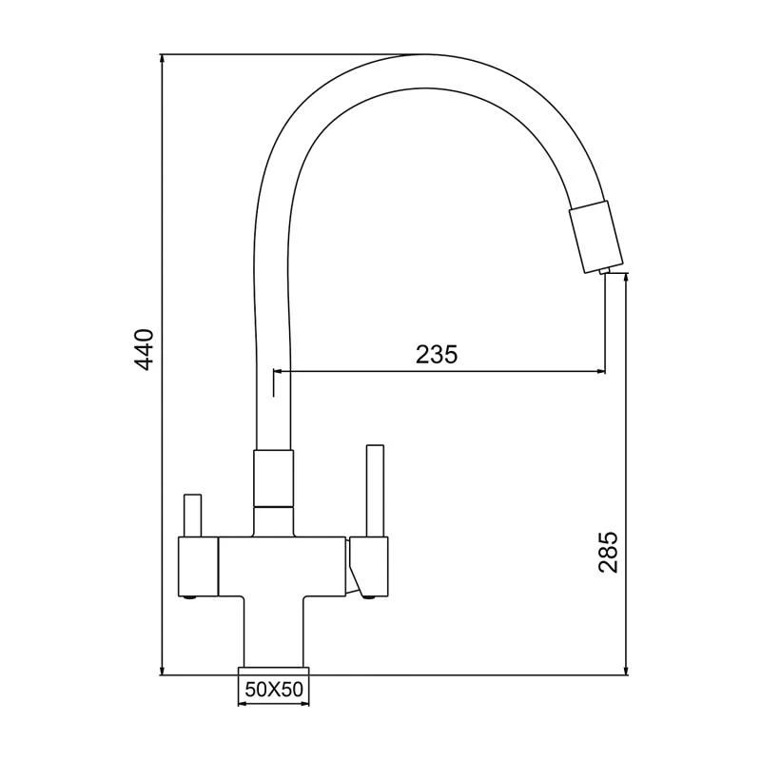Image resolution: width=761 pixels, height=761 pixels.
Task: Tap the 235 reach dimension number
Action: (x=437, y=354)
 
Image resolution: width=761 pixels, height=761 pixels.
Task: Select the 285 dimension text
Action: (x=609, y=552)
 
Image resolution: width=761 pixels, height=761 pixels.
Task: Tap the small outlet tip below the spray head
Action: (x=605, y=273)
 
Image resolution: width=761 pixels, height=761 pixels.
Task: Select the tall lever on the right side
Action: (x=375, y=490)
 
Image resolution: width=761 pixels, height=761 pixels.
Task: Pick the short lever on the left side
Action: (x=193, y=516)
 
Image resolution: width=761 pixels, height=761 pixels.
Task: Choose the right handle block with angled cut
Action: (x=369, y=563)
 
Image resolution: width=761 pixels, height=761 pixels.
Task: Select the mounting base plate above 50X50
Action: (x=273, y=666)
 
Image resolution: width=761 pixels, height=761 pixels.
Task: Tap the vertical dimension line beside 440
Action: (x=162, y=238)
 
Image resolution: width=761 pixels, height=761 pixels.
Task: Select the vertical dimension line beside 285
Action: (x=625, y=428)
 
